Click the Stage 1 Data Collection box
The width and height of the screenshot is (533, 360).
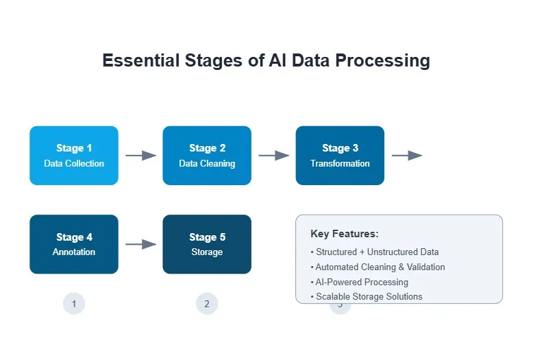74,156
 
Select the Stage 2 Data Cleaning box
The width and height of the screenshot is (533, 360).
207,156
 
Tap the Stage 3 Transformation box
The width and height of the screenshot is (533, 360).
340,156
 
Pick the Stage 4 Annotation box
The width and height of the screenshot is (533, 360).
74,244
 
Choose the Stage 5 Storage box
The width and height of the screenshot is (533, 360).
207,244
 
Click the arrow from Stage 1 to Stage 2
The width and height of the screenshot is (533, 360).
140,156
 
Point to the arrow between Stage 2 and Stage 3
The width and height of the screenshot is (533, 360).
273,156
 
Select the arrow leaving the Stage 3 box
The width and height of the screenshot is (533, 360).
406,156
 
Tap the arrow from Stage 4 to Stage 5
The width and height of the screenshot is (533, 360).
140,244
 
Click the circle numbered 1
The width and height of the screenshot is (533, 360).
74,304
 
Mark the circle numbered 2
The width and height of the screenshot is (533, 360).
207,304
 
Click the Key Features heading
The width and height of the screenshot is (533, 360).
344,234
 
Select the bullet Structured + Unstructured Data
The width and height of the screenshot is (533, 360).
375,252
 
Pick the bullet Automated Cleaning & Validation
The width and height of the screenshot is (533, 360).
377,267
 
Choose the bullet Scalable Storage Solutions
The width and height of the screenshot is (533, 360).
367,297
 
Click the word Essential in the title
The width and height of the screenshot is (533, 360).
140,60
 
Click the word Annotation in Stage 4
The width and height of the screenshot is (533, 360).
74,252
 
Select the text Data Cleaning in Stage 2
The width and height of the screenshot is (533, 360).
207,164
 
